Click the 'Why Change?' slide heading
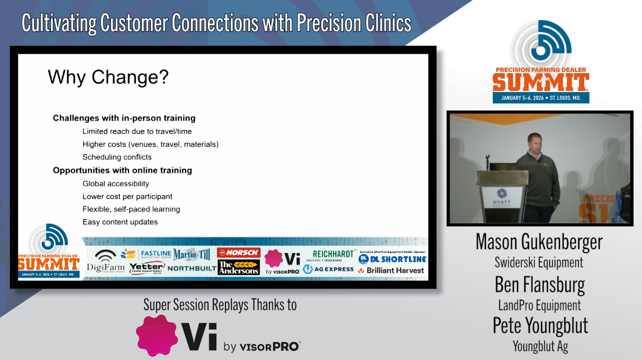click(108, 77)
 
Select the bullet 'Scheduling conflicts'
click(117, 157)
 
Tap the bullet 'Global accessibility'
click(116, 184)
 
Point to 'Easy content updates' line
click(120, 222)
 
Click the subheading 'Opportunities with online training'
click(122, 170)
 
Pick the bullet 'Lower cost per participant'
click(127, 197)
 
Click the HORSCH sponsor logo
click(239, 253)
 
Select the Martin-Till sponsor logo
click(192, 255)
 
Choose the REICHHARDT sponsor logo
click(333, 255)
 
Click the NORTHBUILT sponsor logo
click(192, 268)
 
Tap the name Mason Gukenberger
click(539, 242)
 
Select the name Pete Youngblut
click(540, 326)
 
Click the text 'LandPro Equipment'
click(540, 305)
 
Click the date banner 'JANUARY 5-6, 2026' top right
click(541, 98)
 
